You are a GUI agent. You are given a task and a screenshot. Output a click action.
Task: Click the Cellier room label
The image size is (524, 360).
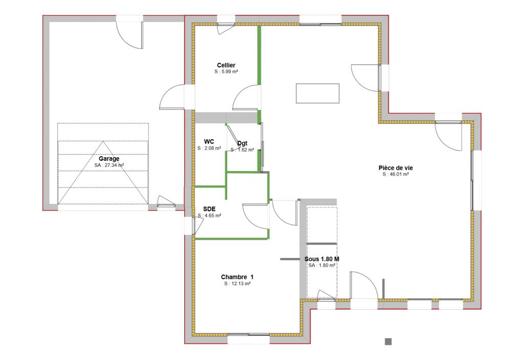(226, 65)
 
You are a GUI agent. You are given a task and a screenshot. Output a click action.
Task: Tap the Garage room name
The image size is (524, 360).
(109, 159)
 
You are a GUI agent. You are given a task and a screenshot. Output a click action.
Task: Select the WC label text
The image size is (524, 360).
(209, 142)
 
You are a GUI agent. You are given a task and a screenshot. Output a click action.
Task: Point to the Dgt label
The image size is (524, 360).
(242, 143)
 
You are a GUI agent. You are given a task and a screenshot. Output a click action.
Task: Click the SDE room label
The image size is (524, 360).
(209, 209)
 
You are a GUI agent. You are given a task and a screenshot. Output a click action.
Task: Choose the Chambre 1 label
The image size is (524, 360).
(237, 277)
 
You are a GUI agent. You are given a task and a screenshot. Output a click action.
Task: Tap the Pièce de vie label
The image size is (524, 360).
(396, 168)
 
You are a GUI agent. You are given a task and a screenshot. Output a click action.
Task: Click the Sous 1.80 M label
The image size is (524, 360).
(322, 259)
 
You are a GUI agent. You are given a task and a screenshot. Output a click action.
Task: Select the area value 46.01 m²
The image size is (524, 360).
(399, 174)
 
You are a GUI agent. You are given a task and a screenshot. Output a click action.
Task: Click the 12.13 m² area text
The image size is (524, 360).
(241, 284)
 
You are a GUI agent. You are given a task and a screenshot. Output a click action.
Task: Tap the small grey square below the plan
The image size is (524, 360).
(388, 342)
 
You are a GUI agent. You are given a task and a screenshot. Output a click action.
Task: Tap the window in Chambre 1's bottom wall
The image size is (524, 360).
(248, 334)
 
